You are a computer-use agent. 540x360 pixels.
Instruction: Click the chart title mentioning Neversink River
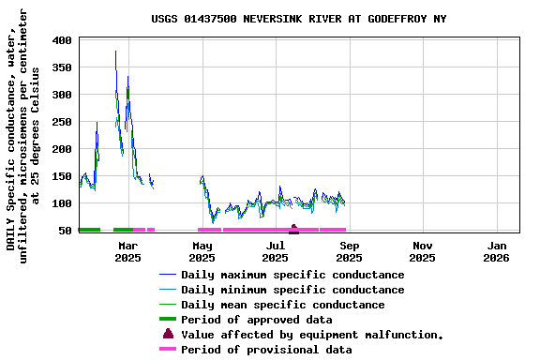pyautogui.click(x=298, y=19)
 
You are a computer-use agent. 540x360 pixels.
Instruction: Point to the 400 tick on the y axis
pyautogui.click(x=63, y=41)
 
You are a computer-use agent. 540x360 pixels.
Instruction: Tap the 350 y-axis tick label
pyautogui.click(x=63, y=68)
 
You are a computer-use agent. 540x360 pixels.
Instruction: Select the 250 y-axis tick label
pyautogui.click(x=63, y=123)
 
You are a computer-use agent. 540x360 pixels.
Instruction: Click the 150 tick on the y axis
pyautogui.click(x=63, y=177)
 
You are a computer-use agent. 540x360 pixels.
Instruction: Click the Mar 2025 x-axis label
pyautogui.click(x=127, y=251)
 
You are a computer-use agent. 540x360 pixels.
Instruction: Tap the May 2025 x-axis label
pyautogui.click(x=202, y=251)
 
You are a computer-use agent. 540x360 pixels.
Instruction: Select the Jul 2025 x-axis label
pyautogui.click(x=275, y=251)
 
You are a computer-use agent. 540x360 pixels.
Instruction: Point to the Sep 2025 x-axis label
pyautogui.click(x=349, y=251)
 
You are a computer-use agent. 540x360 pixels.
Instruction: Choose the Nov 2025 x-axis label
pyautogui.click(x=422, y=251)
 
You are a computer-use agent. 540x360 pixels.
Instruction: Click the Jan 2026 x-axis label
pyautogui.click(x=497, y=251)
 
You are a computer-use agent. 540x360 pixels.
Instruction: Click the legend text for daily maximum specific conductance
pyautogui.click(x=292, y=275)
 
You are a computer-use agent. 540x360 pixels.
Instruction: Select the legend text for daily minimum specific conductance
pyautogui.click(x=292, y=290)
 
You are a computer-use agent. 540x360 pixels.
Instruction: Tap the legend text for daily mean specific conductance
pyautogui.click(x=282, y=305)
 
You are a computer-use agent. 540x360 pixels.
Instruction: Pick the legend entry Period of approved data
pyautogui.click(x=256, y=320)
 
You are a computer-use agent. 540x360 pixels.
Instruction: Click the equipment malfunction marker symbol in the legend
pyautogui.click(x=168, y=334)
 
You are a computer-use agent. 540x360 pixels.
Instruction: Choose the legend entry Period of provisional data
pyautogui.click(x=266, y=350)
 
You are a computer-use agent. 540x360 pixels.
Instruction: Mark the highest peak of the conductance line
pyautogui.click(x=115, y=52)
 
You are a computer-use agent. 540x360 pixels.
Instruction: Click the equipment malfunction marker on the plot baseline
pyautogui.click(x=293, y=228)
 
